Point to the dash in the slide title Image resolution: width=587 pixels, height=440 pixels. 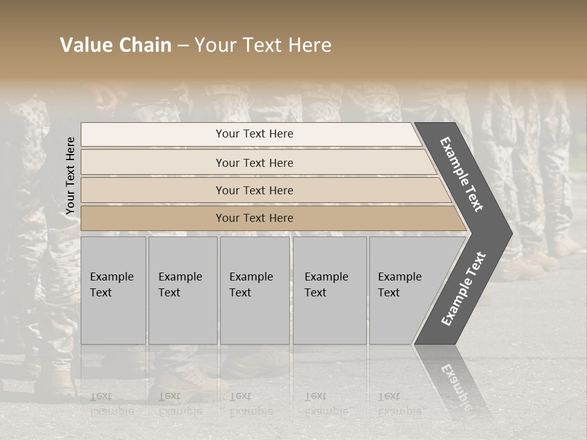183,46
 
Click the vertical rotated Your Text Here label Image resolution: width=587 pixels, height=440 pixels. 70,176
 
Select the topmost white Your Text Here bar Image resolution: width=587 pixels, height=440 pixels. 254,134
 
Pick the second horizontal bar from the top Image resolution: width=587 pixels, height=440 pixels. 254,163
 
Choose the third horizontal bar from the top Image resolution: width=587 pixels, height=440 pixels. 254,190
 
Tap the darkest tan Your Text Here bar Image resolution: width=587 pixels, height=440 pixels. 254,218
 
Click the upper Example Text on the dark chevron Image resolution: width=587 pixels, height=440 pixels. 462,174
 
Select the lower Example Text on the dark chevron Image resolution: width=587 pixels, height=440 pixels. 463,289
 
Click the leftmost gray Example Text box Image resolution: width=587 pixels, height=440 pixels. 113,290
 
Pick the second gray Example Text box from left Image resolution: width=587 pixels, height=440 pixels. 182,290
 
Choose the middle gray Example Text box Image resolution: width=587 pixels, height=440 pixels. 254,290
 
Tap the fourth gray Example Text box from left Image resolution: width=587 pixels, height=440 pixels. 329,290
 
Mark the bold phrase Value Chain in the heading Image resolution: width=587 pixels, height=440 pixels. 116,45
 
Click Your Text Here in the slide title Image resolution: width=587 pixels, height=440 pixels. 263,45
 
